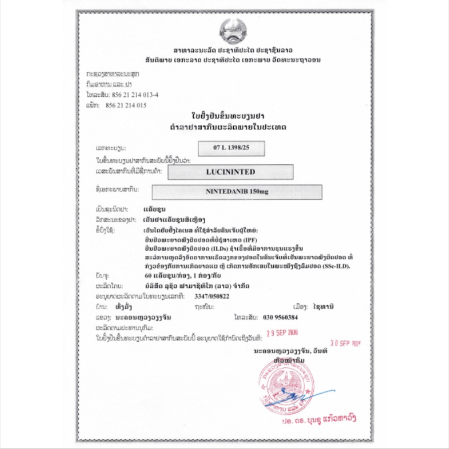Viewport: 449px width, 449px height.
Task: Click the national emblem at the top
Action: (x=234, y=31)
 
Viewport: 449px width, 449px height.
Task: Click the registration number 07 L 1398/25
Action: (x=231, y=148)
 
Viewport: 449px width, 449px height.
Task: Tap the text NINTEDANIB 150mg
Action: (x=237, y=192)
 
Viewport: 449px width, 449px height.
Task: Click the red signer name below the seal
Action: (x=320, y=419)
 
